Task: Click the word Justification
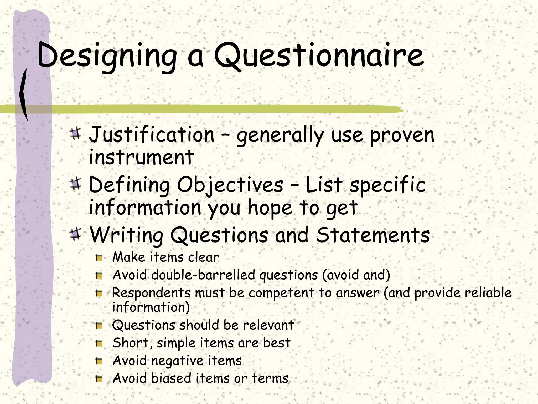pos(152,135)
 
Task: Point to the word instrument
pos(141,157)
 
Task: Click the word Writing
pos(127,235)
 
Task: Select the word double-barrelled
pos(203,275)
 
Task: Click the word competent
pos(281,293)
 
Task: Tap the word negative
pos(178,361)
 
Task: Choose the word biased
pos(171,378)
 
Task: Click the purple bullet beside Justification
pos(76,134)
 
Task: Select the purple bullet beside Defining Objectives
pos(76,184)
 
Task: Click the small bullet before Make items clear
pos(99,258)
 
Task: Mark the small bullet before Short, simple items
pos(99,343)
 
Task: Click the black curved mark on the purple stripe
pos(24,95)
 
